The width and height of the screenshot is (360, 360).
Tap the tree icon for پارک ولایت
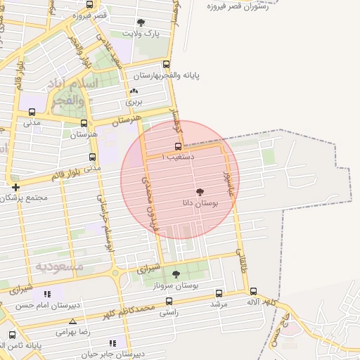tap(141, 22)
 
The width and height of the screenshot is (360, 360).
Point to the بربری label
tap(134, 102)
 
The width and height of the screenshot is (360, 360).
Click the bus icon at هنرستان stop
tap(84, 124)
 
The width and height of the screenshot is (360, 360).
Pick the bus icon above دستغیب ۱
tap(178, 147)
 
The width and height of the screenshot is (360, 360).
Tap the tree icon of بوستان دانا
tap(200, 191)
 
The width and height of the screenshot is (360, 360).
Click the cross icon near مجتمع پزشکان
tap(15, 187)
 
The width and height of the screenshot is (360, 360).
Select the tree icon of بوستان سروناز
tap(176, 274)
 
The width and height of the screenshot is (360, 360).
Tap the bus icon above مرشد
tap(219, 293)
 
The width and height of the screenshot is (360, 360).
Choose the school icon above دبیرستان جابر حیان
tap(112, 343)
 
